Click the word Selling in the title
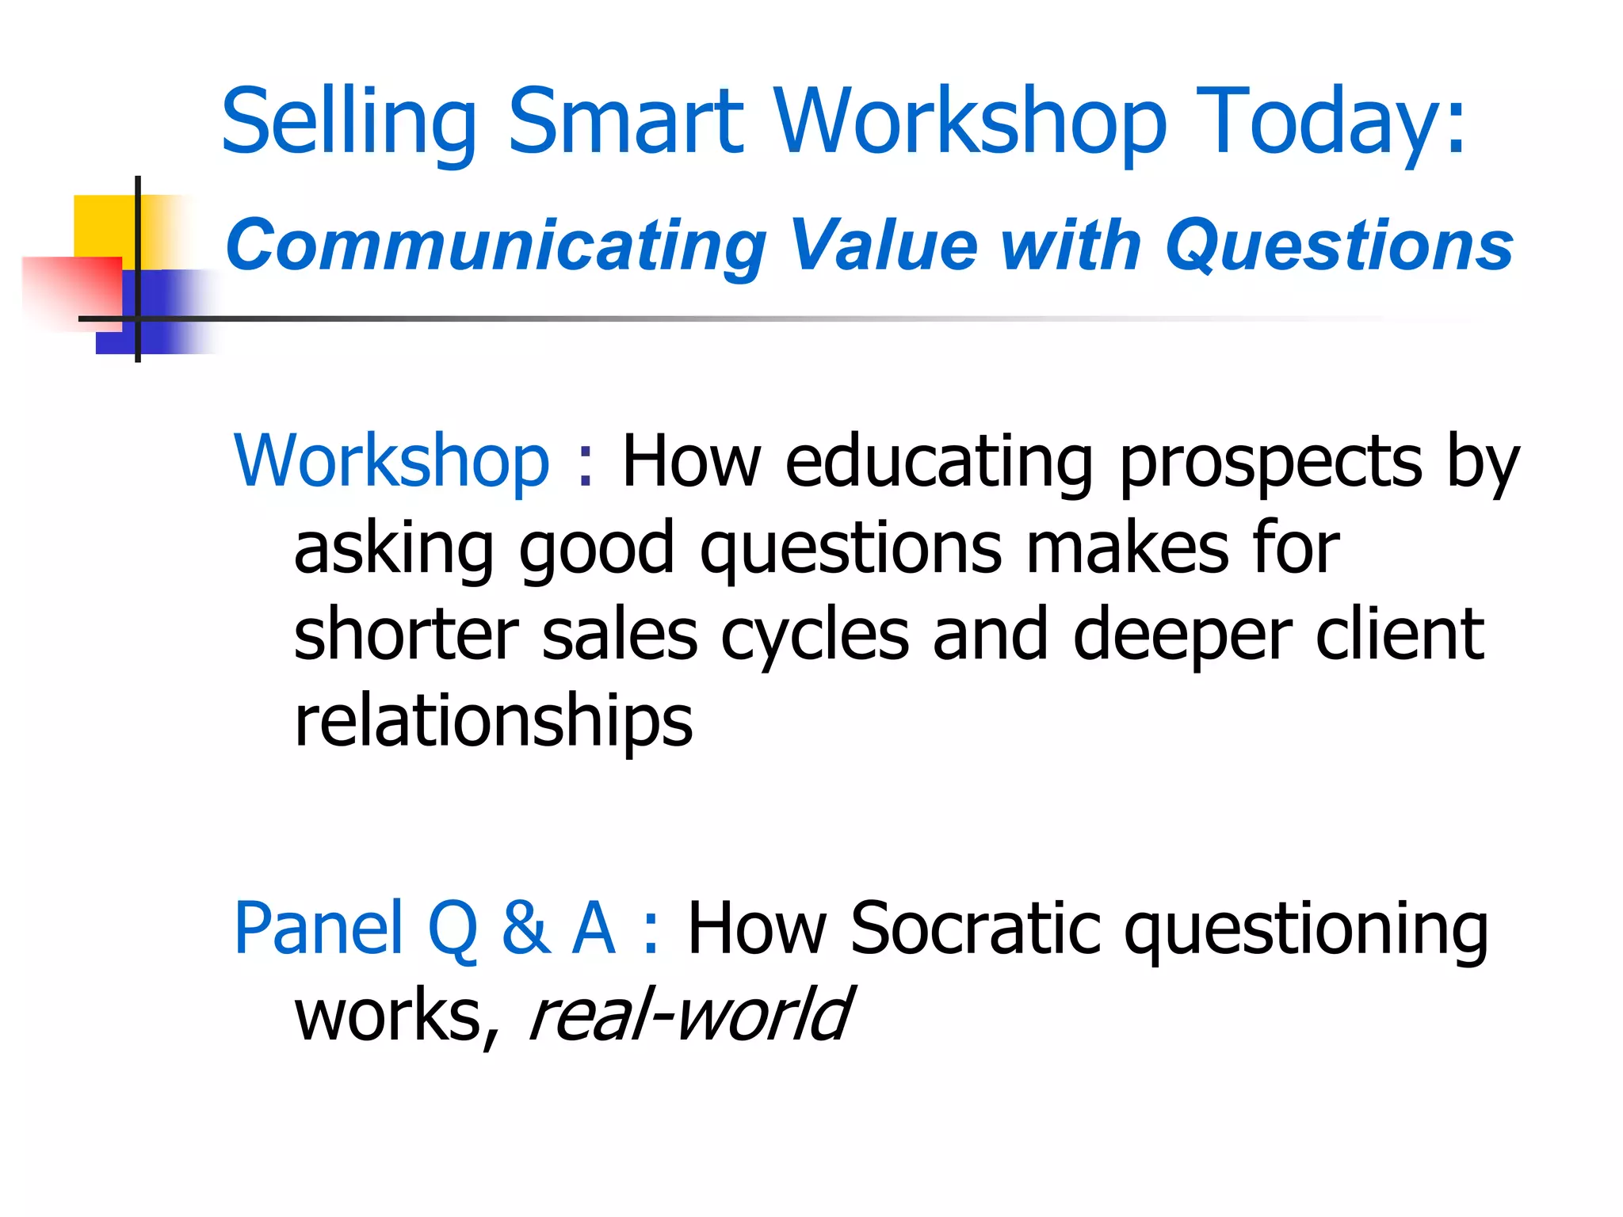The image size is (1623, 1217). [349, 123]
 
